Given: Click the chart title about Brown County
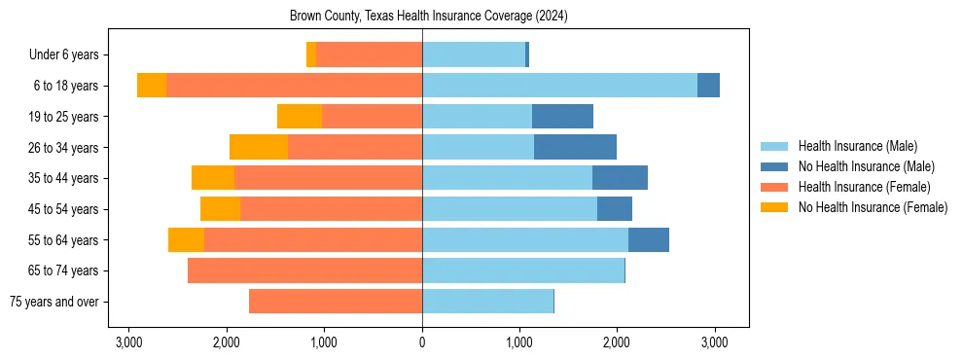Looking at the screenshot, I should pos(429,17).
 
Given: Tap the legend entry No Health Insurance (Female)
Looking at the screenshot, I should pos(873,207).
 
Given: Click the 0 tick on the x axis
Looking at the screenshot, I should pos(422,342).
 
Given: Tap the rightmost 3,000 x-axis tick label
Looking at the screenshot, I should pos(715,342).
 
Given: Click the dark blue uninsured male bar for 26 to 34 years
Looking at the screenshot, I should pos(575,147).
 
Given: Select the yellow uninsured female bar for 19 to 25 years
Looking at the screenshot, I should pos(300,117).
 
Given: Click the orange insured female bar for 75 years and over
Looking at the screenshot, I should pos(336,302).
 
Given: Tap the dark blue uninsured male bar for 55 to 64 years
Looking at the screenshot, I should pos(649,239).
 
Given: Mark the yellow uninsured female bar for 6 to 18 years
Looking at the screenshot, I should pos(152,86).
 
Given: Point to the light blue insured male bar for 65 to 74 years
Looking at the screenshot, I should pos(523,270).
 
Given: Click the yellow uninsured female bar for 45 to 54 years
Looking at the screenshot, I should pos(220,209).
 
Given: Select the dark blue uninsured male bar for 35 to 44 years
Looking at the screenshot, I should pos(620,178).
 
